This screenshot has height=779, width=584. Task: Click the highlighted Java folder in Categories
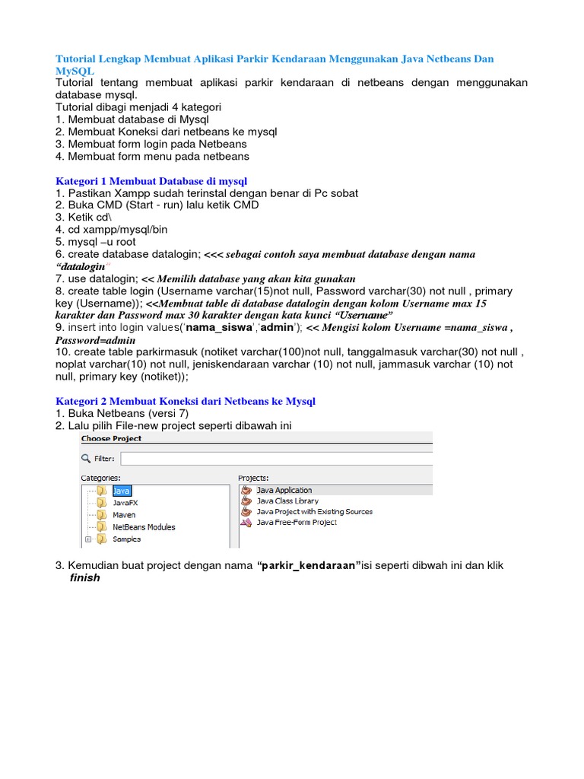coord(120,491)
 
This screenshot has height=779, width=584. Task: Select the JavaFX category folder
coord(124,503)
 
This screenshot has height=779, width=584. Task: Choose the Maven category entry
coord(123,515)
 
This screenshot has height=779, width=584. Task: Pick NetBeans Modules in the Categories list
coord(143,527)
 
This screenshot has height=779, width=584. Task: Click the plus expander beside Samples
coord(88,539)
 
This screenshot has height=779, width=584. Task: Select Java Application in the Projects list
coord(284,491)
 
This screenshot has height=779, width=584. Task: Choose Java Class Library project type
coord(287,501)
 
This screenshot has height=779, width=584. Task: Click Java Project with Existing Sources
coord(314,512)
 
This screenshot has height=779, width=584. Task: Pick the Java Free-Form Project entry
coord(296,523)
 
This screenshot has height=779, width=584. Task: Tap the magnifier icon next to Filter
coord(86,459)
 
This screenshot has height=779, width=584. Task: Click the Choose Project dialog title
coord(111,439)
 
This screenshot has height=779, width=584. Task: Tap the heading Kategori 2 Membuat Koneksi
coord(186,401)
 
